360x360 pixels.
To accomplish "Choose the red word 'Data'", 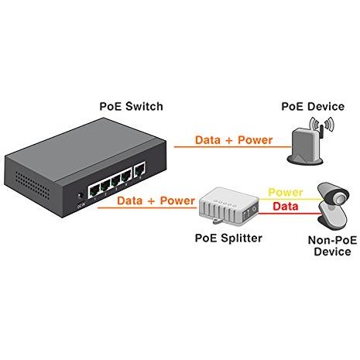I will [x=286, y=207].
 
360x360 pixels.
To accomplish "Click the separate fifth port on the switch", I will [x=139, y=172].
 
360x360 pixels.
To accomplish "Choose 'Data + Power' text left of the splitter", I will [x=156, y=200].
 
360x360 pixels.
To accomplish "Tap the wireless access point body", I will [x=307, y=146].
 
